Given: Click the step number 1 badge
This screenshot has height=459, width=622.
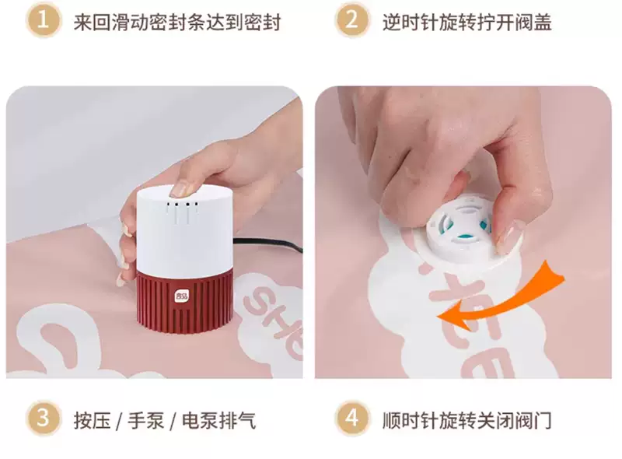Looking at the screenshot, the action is pyautogui.click(x=44, y=20).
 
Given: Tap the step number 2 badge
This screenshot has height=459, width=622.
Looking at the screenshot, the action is pyautogui.click(x=352, y=20).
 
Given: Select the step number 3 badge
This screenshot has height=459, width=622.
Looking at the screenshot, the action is pyautogui.click(x=44, y=419).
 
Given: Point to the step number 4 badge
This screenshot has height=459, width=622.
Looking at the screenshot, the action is pyautogui.click(x=352, y=419).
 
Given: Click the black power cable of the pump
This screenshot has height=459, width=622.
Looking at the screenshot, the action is pyautogui.click(x=267, y=244).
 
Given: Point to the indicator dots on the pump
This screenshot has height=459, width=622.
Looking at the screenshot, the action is pyautogui.click(x=183, y=205).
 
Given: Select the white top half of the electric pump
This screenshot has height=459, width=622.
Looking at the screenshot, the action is pyautogui.click(x=184, y=228).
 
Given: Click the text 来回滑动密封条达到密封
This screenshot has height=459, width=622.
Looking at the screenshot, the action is pyautogui.click(x=177, y=22).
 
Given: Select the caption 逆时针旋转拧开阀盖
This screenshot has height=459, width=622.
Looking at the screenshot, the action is pyautogui.click(x=467, y=22).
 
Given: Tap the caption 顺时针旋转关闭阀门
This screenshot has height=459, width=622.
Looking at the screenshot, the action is pyautogui.click(x=467, y=420).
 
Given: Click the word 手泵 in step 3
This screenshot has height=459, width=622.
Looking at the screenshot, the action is pyautogui.click(x=145, y=420).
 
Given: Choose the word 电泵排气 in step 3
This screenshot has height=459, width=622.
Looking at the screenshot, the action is pyautogui.click(x=219, y=420).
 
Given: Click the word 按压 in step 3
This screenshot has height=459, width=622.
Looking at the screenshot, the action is pyautogui.click(x=92, y=420).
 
